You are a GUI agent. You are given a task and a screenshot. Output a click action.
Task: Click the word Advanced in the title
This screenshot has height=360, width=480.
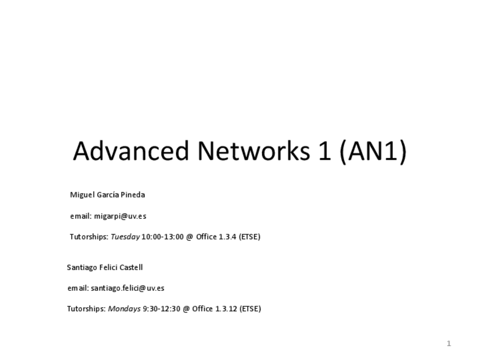click(131, 151)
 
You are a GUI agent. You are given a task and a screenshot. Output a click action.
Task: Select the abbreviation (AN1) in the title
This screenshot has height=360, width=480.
click(373, 151)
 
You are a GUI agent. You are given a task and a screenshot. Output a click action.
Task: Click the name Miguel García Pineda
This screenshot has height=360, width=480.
click(108, 195)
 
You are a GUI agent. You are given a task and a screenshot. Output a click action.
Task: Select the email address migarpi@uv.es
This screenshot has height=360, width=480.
click(120, 216)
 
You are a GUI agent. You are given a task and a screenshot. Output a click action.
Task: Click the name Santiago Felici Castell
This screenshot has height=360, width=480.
click(105, 267)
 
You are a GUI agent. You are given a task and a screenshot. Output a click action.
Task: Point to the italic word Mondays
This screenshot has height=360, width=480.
click(124, 308)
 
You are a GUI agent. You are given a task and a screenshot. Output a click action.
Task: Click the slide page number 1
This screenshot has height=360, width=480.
click(448, 344)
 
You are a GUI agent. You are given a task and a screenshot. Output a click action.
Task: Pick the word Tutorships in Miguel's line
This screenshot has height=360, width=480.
click(88, 237)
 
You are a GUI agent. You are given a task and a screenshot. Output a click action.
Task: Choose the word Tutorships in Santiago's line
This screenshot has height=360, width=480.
click(86, 308)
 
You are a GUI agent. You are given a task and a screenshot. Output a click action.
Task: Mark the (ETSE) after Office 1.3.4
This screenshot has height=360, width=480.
click(250, 237)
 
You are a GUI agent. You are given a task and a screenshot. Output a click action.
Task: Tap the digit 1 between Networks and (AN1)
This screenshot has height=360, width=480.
click(324, 151)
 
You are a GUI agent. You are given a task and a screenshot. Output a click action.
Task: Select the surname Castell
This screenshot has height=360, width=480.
click(131, 267)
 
